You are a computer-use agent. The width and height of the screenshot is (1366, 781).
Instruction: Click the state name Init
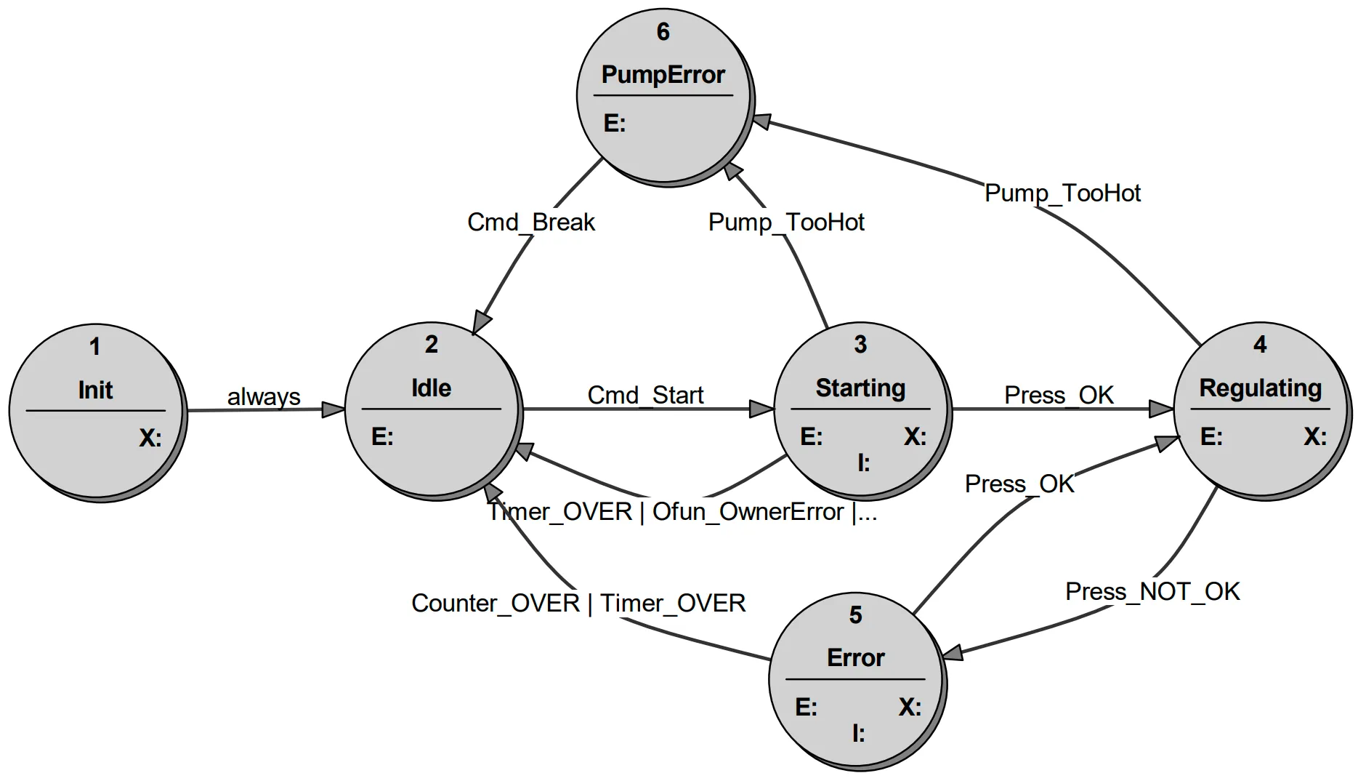point(95,390)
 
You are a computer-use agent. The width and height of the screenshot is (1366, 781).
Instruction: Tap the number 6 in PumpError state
point(663,32)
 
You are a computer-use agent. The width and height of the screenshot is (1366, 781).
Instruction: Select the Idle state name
point(431,388)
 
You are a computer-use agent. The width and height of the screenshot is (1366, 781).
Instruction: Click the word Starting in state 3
point(860,388)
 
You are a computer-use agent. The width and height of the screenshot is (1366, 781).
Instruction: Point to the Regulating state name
point(1260,388)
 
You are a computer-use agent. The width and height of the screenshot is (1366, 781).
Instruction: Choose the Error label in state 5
point(855,657)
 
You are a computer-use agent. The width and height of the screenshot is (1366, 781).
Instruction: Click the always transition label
point(264,397)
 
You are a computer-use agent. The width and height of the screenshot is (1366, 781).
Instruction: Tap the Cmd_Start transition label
point(645,395)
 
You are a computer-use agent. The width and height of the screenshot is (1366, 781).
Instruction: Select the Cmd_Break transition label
point(530,222)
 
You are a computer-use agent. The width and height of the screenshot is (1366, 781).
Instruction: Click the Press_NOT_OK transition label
point(1152,591)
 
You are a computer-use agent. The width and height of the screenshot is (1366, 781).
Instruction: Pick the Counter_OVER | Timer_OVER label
point(578,603)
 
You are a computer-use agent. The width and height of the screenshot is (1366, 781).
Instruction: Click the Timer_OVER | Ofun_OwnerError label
point(682,511)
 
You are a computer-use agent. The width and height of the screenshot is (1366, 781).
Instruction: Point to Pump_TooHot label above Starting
point(786,222)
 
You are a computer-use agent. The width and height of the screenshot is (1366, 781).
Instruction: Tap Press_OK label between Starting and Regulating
point(1059,395)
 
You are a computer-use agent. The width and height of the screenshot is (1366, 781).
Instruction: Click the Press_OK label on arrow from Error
point(1019,484)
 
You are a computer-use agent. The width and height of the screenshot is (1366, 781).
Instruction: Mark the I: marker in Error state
point(858,734)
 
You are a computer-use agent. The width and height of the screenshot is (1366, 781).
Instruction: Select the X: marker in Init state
point(150,438)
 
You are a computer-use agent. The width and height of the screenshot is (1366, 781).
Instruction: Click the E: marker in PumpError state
point(614,123)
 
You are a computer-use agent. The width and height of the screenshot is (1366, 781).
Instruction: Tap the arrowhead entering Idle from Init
point(334,409)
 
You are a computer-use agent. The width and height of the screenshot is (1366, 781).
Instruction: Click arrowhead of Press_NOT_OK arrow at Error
point(953,652)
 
